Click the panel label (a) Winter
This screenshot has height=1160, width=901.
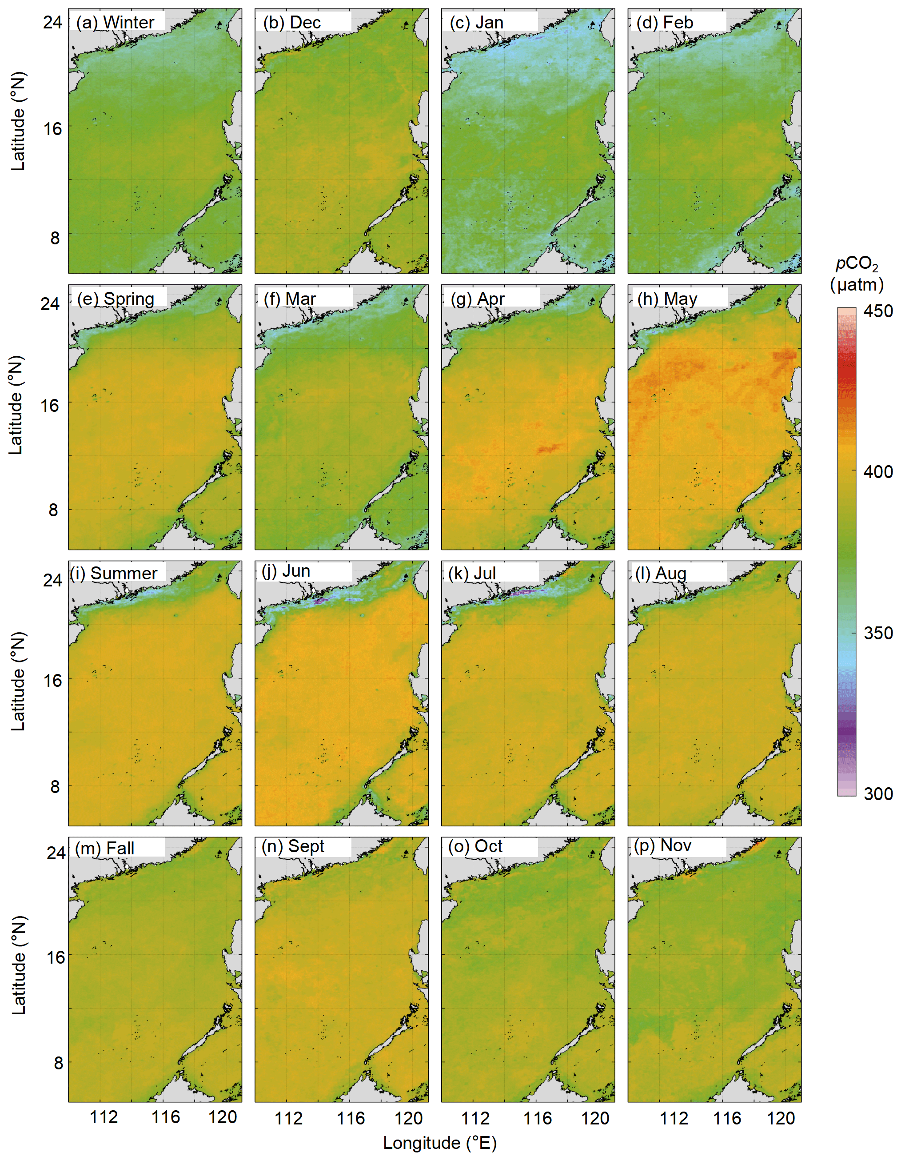pyautogui.click(x=115, y=22)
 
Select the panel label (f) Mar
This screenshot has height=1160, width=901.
pyautogui.click(x=290, y=299)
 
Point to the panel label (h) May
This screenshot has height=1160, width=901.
pyautogui.click(x=667, y=299)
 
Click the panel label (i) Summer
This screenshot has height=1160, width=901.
pyautogui.click(x=114, y=574)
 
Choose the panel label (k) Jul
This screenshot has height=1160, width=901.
pyautogui.click(x=472, y=574)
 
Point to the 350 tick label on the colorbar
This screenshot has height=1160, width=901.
pyautogui.click(x=877, y=633)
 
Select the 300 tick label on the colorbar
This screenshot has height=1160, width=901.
pyautogui.click(x=877, y=794)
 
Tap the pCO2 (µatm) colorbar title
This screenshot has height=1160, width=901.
pyautogui.click(x=857, y=274)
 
